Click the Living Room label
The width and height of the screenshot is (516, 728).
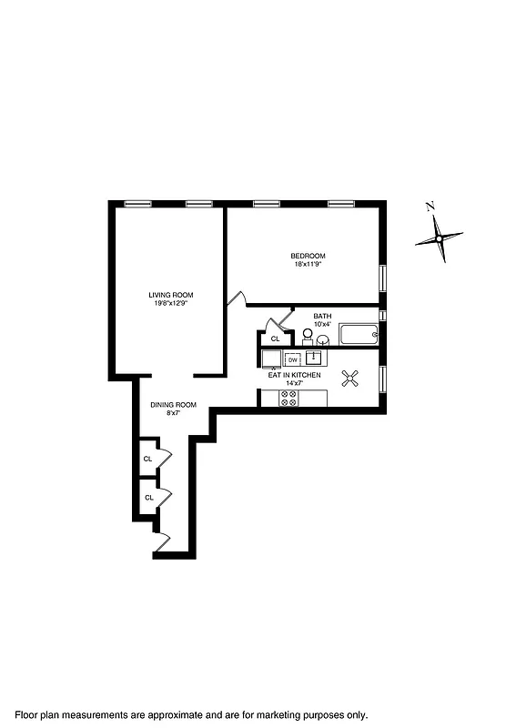click(171, 295)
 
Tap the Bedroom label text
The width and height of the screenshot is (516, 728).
click(308, 256)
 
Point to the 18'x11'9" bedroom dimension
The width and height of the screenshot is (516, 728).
click(308, 264)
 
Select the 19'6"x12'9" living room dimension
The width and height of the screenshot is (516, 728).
click(171, 303)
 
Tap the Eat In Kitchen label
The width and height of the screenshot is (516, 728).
click(294, 374)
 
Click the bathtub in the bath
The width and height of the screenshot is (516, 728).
click(358, 334)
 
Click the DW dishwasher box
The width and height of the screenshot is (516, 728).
click(293, 359)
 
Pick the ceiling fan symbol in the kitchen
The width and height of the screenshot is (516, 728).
click(350, 379)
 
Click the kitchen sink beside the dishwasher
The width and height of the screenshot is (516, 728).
click(316, 358)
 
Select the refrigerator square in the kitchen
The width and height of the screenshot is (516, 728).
click(271, 359)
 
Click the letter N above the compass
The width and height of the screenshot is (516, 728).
click(430, 206)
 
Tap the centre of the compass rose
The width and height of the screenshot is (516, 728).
click(439, 239)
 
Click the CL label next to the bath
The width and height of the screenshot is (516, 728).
click(275, 339)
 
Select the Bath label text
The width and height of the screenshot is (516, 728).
click(322, 317)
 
